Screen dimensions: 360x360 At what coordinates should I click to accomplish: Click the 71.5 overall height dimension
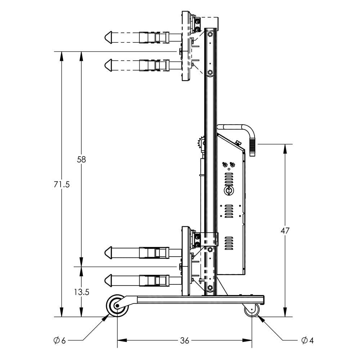62,184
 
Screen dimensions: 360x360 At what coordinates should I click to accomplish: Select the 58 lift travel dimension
81,159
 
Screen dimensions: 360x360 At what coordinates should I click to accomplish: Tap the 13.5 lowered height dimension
81,292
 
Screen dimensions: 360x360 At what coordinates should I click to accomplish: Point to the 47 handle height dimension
285,231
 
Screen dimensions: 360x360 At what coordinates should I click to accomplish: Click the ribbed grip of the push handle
252,146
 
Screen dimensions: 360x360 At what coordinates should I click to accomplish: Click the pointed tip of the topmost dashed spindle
107,37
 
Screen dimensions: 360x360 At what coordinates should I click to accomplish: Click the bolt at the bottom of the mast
210,287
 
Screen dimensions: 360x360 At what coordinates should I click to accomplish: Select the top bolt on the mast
210,34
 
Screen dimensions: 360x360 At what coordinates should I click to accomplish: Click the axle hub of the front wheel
117,306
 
